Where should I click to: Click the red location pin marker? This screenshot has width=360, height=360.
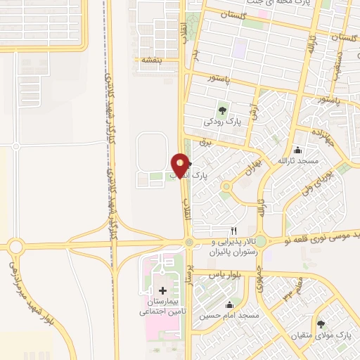[181, 165]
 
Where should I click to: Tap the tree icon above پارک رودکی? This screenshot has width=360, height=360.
[222, 109]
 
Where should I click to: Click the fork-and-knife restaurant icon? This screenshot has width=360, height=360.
[234, 231]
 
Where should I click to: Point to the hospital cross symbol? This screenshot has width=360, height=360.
[162, 290]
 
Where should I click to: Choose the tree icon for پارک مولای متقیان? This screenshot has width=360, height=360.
[321, 324]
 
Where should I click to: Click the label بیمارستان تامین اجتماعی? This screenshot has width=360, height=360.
[162, 307]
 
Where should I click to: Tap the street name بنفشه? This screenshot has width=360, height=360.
[151, 60]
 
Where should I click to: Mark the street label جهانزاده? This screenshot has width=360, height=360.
[313, 133]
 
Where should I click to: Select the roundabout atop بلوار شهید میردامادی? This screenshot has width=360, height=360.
[15, 246]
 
